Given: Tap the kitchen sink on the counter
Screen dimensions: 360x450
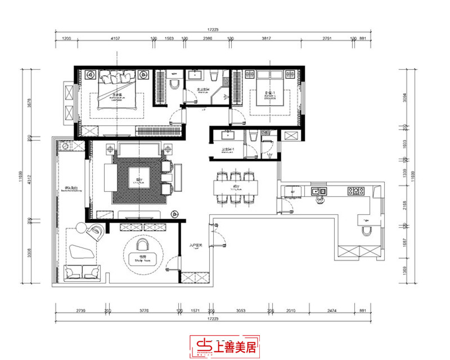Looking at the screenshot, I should click(x=319, y=191).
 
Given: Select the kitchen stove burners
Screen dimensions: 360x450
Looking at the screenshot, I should click(x=355, y=191).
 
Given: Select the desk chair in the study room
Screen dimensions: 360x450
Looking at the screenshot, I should click(x=143, y=244).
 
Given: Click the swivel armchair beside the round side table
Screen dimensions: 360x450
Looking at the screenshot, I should click(x=96, y=231).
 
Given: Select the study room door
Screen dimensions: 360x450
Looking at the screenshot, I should click(x=172, y=263).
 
